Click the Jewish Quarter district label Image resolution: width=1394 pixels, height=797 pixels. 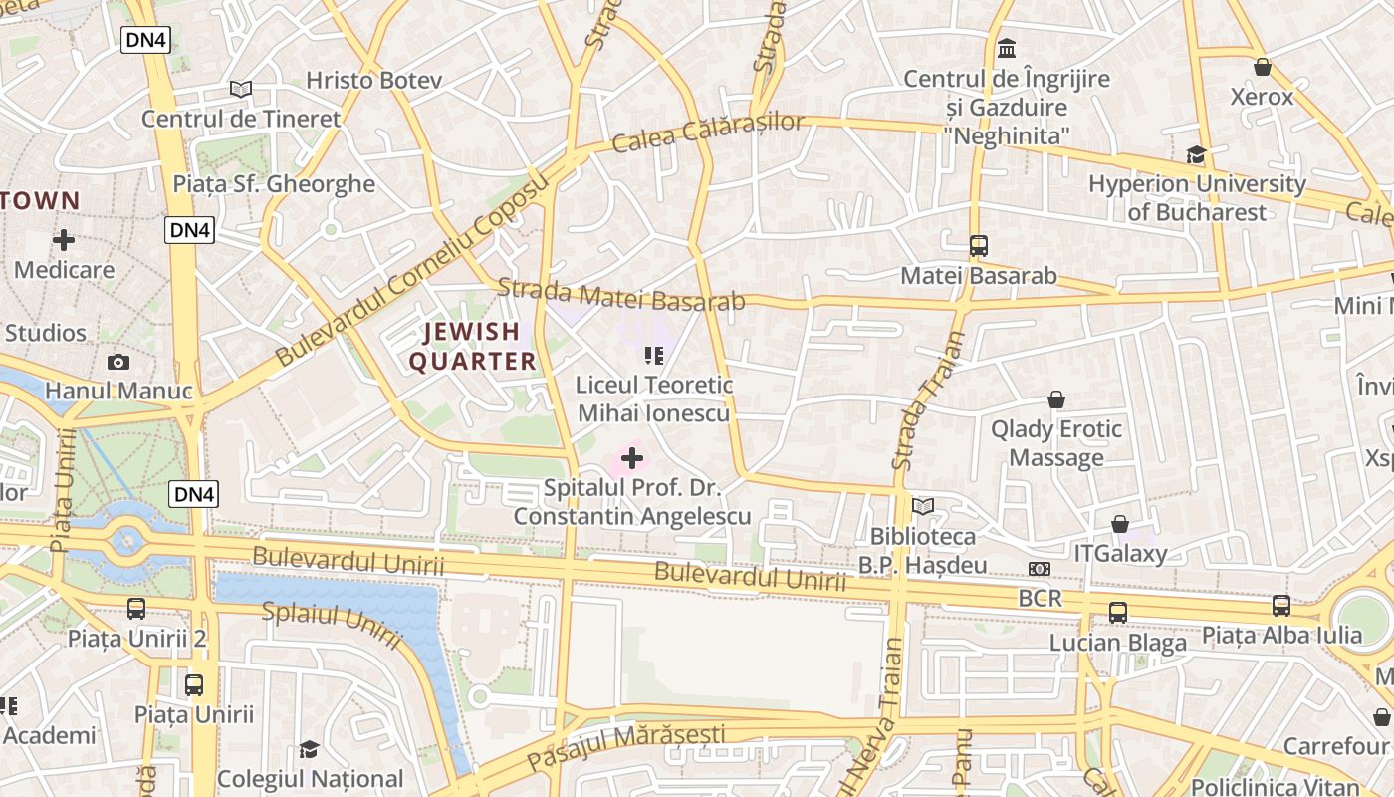pos(473,346)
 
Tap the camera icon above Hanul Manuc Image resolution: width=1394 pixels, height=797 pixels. pos(118,362)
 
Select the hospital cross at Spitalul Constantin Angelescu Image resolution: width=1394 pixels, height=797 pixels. pos(632,458)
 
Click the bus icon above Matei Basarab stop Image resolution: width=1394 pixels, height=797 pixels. pos(978,245)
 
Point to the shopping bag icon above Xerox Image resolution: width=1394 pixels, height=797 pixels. pos(1262,67)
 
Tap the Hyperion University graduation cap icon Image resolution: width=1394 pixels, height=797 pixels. pos(1196,155)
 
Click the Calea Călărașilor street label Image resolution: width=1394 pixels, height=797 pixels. pos(708,133)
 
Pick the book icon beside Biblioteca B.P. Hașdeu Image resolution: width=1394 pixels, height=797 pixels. pos(923,507)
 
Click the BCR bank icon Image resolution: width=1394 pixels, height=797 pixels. pos(1039,568)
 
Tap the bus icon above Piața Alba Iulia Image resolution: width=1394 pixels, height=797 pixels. pos(1280,605)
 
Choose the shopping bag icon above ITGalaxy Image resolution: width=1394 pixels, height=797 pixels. pos(1119,524)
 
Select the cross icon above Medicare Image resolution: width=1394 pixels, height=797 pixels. pos(64,240)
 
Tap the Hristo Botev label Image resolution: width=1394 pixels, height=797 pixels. pos(373,81)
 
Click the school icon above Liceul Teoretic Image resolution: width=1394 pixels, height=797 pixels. pos(653,355)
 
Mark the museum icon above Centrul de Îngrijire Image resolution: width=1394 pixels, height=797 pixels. pos(1007,48)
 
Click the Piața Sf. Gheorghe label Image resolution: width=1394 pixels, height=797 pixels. pos(274,184)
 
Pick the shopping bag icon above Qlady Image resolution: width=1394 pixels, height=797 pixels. pos(1055,399)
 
